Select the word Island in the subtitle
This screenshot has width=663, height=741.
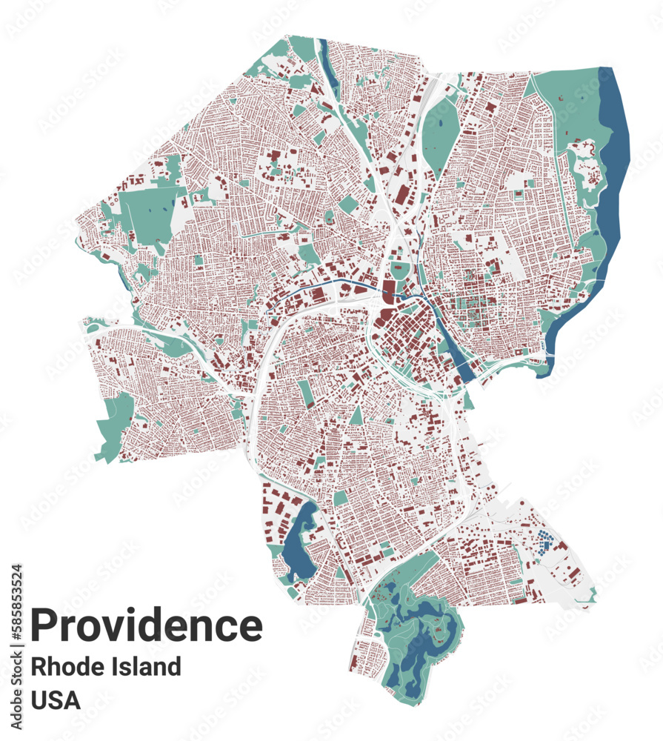[x=144, y=666]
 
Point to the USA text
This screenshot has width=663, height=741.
[x=56, y=700]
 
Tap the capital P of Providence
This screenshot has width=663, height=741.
[x=45, y=625]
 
